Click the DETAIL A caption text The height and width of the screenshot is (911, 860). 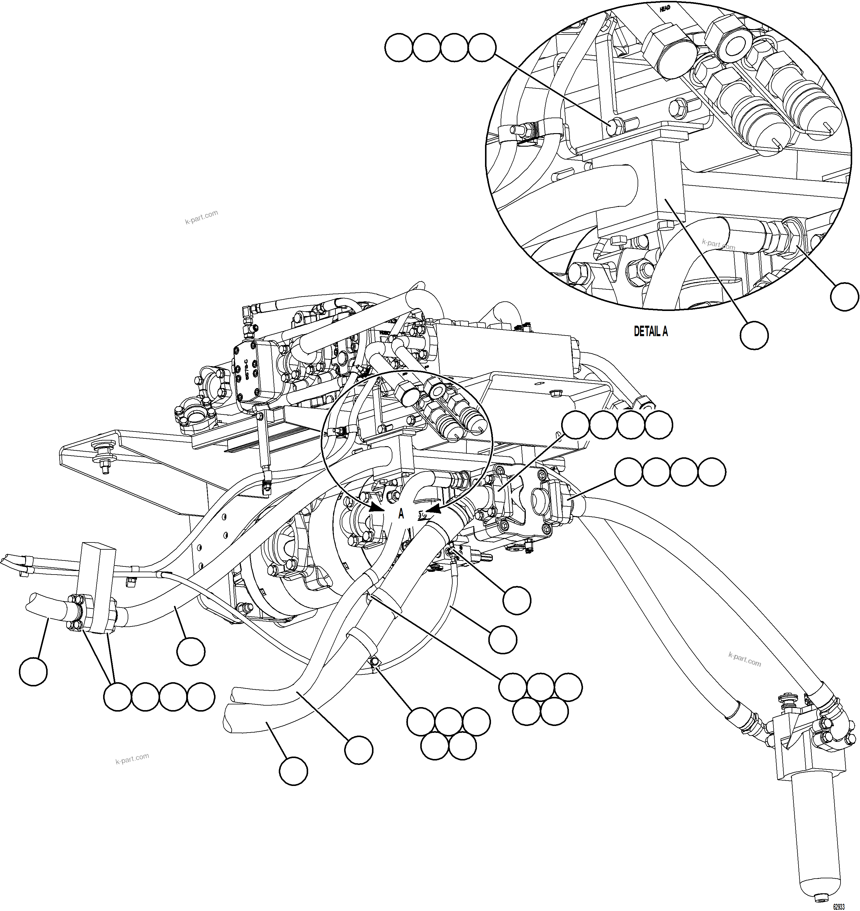point(650,331)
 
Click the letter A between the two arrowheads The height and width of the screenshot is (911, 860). point(401,514)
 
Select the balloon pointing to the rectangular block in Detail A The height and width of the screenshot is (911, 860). point(754,335)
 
